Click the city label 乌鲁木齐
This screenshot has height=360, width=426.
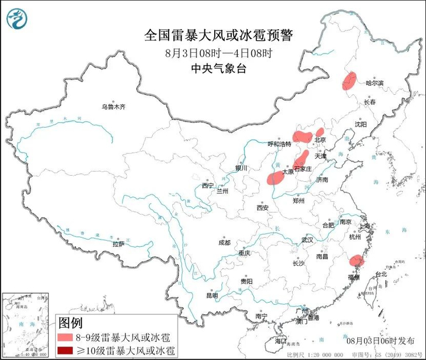[x=113, y=107]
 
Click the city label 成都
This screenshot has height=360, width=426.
[x=224, y=243]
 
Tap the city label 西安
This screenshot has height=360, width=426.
[x=262, y=207]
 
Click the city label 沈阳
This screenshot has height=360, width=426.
[x=360, y=124]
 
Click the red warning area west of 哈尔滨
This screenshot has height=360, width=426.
[x=349, y=81]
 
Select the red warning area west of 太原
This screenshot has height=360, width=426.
[x=275, y=178]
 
